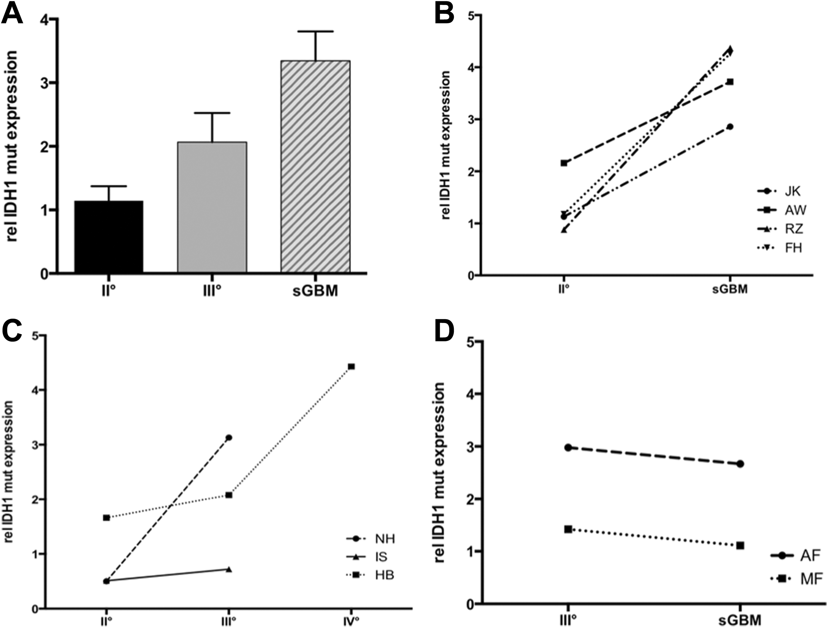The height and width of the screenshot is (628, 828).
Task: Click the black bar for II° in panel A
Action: pos(109,237)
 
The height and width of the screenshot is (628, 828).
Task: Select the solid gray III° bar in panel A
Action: pos(212,207)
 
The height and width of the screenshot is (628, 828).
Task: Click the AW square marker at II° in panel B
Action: pos(564,163)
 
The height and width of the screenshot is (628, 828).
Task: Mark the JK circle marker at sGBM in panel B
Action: pos(730,127)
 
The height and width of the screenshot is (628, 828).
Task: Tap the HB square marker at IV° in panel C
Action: pos(351,366)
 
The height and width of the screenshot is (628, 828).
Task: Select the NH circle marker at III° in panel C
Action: pos(229,437)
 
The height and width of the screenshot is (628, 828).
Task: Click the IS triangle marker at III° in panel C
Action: pos(229,569)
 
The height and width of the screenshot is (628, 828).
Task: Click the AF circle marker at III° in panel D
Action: pos(568,447)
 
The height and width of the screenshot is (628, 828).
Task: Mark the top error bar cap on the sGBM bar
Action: pos(316,32)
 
